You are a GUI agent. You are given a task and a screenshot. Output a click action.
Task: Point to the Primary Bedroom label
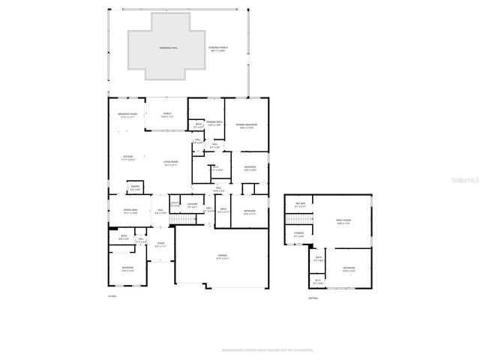pos(246,126)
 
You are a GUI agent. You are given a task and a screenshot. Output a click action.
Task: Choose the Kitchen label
pos(127,158)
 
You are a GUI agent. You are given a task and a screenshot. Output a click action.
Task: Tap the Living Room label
pos(170,163)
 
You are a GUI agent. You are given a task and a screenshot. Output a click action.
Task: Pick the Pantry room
pos(135,188)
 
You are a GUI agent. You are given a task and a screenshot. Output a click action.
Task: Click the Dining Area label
pos(130,212)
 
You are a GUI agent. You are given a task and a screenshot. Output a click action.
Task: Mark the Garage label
pos(223,257)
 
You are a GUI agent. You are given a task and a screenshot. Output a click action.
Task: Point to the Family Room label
pos(343,221)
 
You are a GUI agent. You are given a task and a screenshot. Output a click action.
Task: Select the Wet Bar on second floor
pos(300,205)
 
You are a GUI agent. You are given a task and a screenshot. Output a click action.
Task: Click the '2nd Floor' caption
pos(313,298)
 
